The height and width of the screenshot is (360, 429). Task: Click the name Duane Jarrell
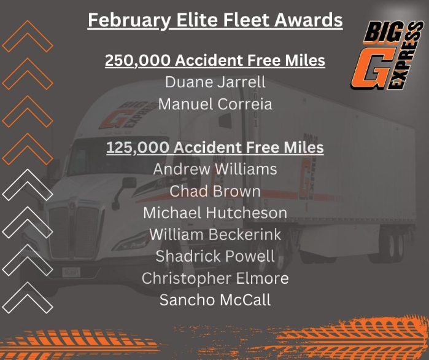pos(215,82)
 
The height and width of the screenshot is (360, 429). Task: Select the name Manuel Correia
pos(215,104)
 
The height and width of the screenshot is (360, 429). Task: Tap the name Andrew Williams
pos(215,169)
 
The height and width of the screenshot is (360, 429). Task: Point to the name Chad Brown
pos(215,191)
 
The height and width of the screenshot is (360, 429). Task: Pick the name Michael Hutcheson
pos(215,213)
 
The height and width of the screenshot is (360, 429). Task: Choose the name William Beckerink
pos(215,235)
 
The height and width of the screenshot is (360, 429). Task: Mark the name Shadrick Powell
pos(215,256)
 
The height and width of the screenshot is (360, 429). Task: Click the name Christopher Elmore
pos(215,278)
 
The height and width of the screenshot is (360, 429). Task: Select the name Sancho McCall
pos(215,300)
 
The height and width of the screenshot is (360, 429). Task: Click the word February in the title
pos(129,21)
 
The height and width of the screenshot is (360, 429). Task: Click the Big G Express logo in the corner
pos(387,55)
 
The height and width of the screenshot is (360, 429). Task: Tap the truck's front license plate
pos(71,272)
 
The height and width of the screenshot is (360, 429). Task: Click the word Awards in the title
pos(308,21)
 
